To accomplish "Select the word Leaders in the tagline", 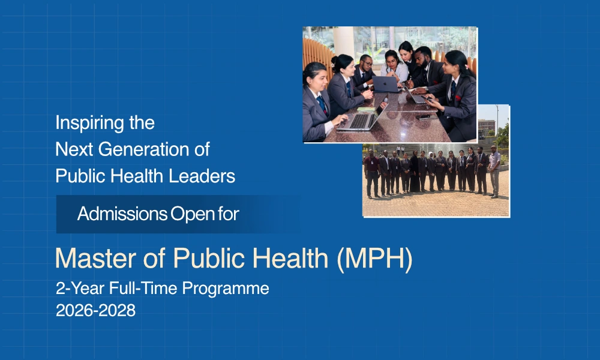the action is [x=202, y=176].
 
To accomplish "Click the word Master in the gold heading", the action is [x=95, y=258].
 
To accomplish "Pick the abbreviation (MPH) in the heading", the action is [x=374, y=259].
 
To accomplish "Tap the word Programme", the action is [x=226, y=289].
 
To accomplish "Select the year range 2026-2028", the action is [x=95, y=310].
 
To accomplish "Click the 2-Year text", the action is [x=80, y=288].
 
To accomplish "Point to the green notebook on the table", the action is [x=365, y=109].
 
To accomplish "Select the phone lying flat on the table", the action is [x=424, y=116].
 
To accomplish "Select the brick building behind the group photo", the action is [x=487, y=128].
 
